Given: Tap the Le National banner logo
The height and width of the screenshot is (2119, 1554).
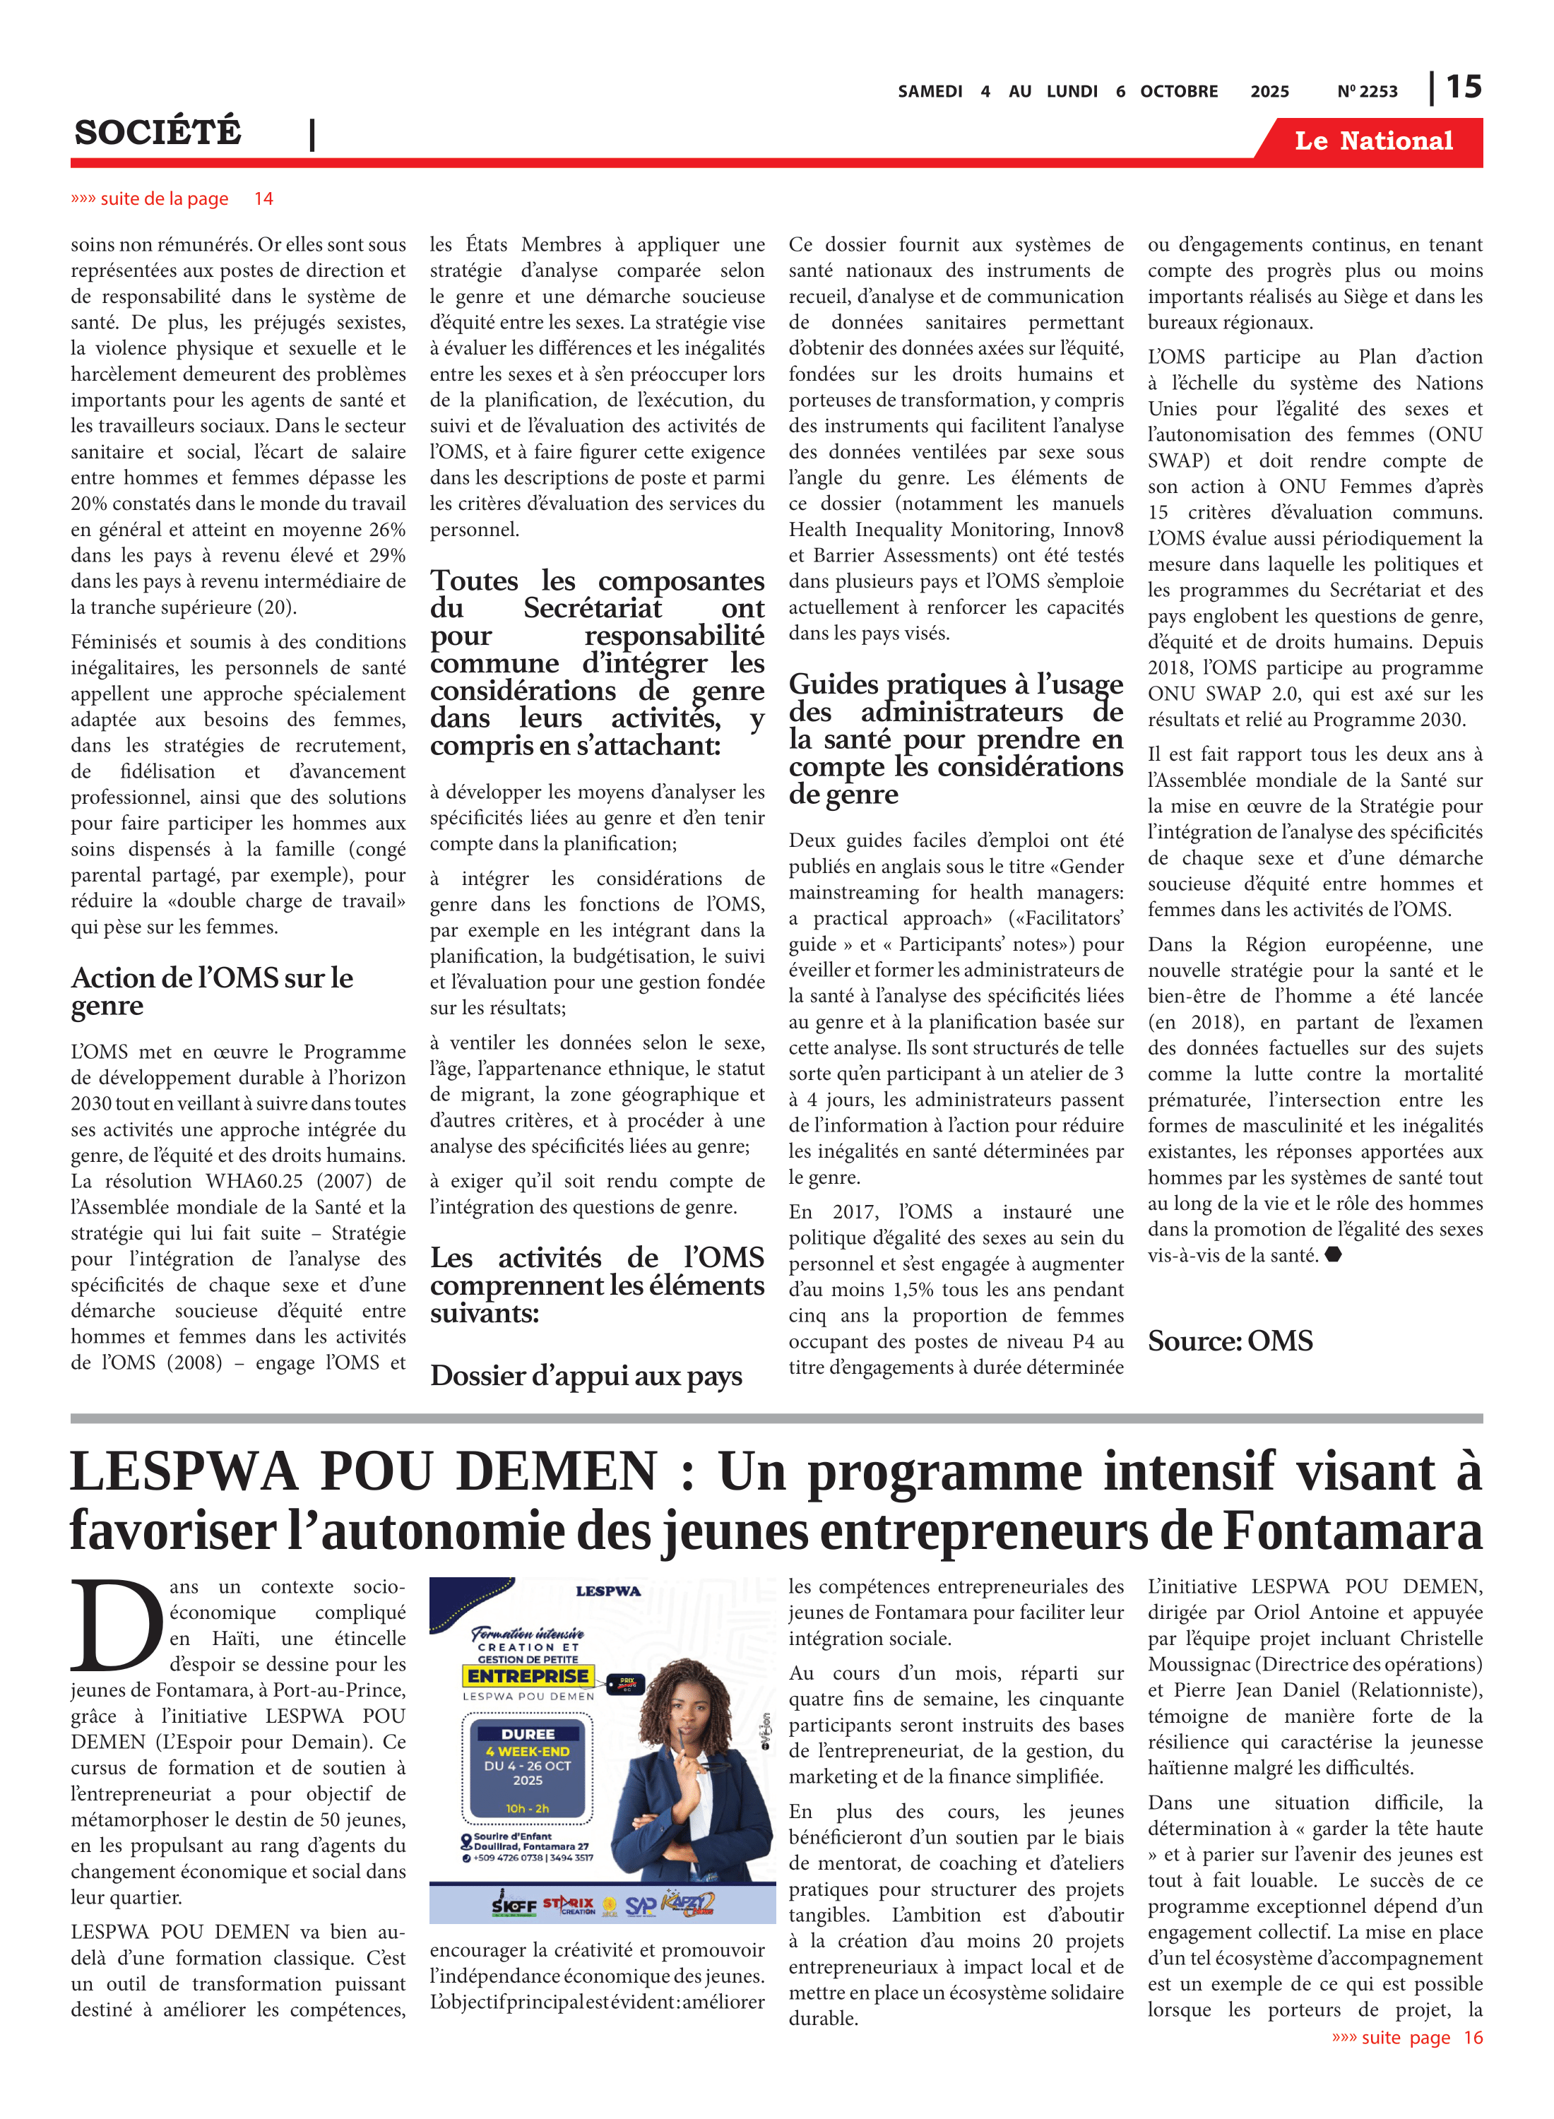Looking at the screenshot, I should (1372, 141).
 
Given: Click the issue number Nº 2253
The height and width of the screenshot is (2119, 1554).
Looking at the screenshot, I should (1367, 92).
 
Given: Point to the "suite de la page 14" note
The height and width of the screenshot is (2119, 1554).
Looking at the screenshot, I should (172, 198).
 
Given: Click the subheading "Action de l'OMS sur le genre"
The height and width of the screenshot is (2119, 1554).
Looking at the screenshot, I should (212, 991).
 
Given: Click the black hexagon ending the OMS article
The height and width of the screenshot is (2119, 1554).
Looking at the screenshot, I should (1332, 1254).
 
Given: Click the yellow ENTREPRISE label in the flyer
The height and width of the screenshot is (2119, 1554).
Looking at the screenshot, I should (528, 1676).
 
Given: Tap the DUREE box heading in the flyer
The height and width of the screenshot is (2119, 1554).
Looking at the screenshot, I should (528, 1733).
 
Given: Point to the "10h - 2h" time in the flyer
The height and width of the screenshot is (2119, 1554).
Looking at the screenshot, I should (527, 1808).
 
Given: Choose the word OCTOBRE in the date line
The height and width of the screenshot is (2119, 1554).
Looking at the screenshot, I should (1179, 92).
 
